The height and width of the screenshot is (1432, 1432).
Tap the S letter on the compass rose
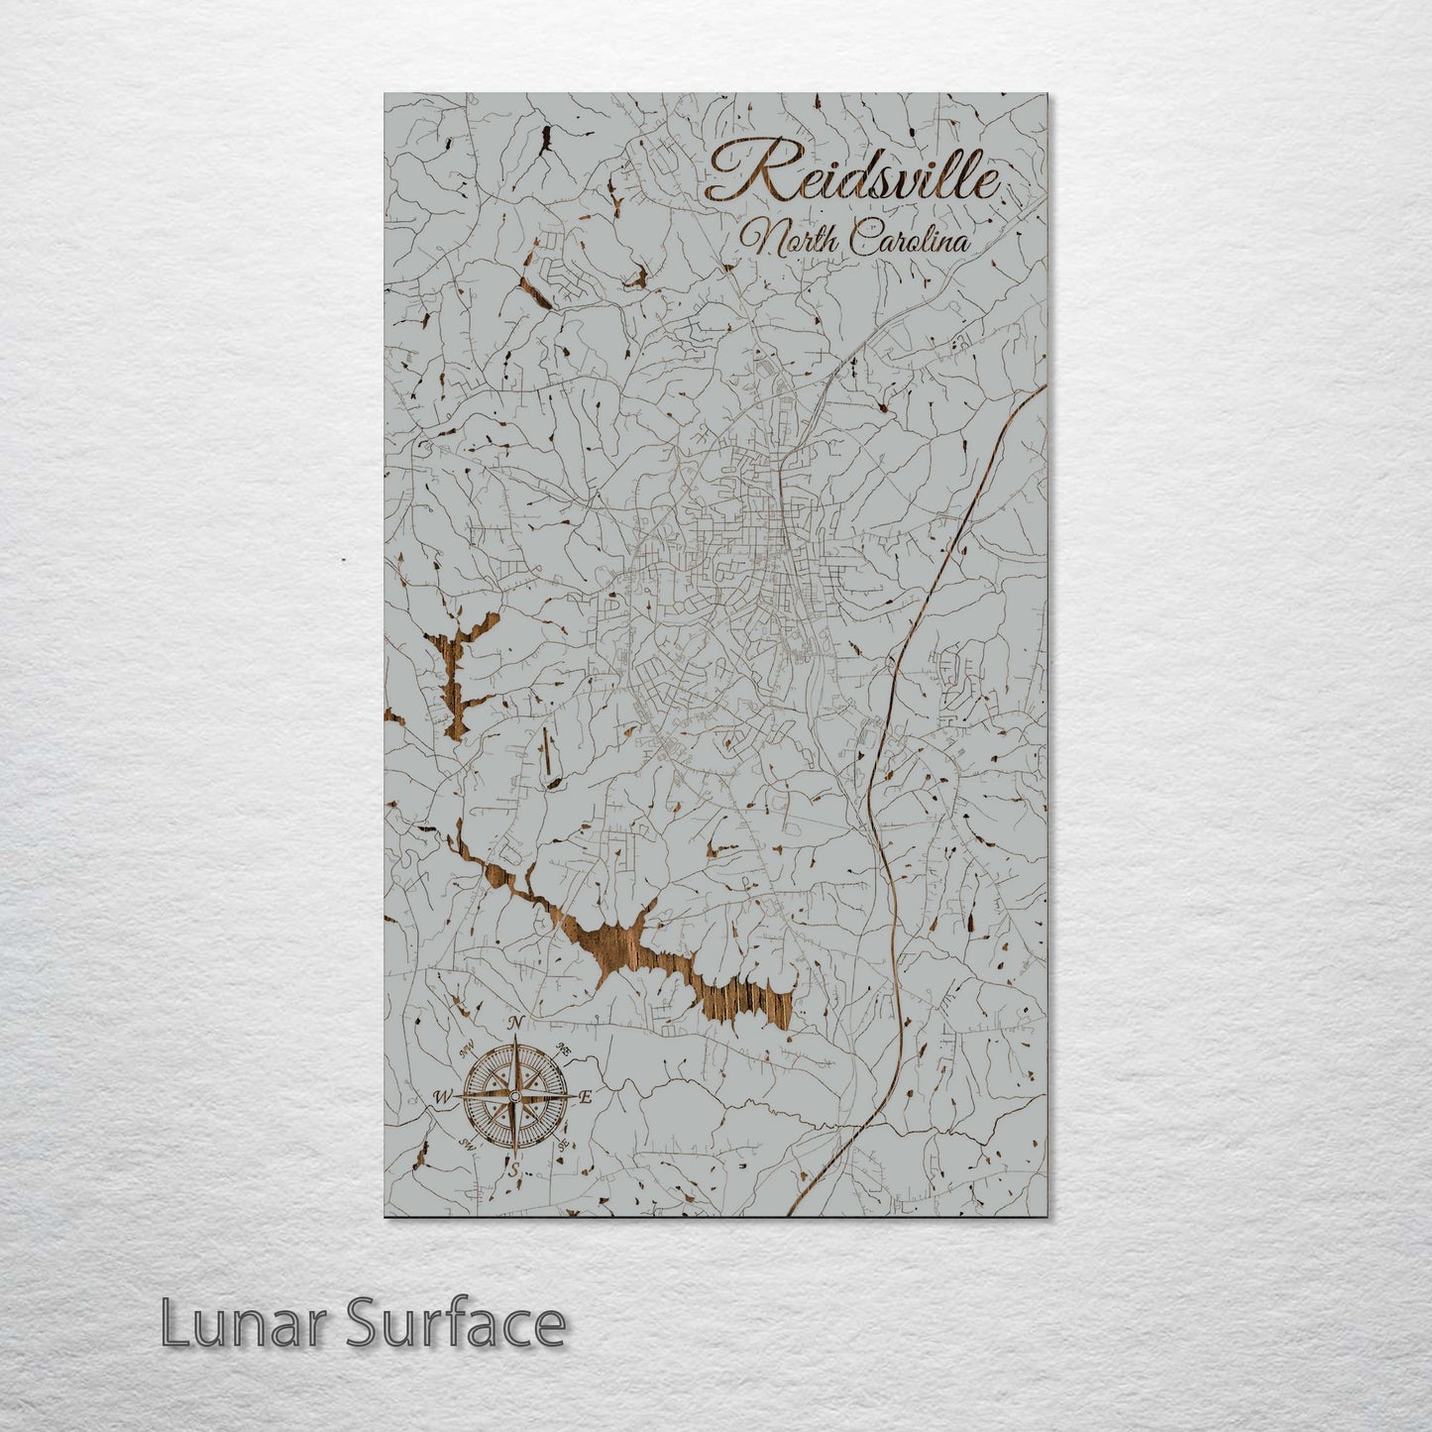(x=513, y=1170)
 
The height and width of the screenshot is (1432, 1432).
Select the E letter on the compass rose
(x=586, y=1097)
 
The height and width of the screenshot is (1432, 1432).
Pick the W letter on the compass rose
(x=443, y=1097)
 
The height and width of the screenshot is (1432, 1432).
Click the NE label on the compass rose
(x=565, y=1048)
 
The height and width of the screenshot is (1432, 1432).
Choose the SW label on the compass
(x=466, y=1146)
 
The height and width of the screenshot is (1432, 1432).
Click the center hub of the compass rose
(x=514, y=1096)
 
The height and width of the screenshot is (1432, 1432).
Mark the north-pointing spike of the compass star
(x=514, y=1050)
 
